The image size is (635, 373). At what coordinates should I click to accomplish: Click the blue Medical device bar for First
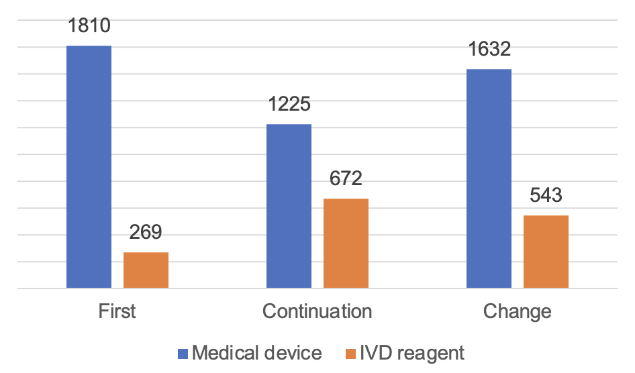point(89,167)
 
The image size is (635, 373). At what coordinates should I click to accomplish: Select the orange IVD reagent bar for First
point(146,270)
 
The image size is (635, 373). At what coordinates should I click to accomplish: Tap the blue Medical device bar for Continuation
point(289,206)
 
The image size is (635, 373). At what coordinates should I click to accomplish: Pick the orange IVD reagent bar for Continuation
point(346,244)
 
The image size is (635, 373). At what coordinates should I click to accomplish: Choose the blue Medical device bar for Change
point(489,178)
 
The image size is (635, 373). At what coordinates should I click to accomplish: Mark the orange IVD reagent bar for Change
point(546,252)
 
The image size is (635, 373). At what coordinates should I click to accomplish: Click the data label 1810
point(89,26)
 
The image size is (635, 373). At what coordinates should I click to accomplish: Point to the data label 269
point(146,233)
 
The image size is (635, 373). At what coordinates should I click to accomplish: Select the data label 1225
point(289,105)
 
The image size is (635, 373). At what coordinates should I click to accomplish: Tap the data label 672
point(346,179)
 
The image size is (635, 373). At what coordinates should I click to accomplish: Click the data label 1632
point(489,50)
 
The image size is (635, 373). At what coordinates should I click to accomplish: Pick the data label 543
point(546,196)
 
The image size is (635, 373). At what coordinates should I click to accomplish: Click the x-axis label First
point(117,311)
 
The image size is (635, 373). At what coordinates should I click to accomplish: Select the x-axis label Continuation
point(317,311)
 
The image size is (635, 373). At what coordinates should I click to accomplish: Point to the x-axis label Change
point(517,311)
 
